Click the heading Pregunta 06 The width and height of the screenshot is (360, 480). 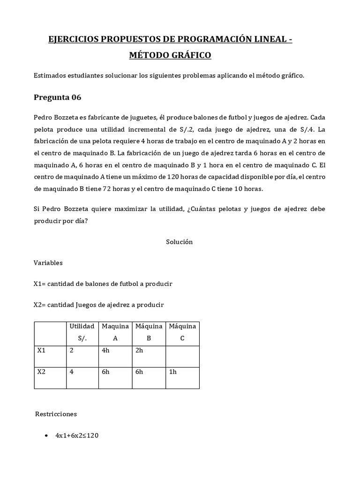pyautogui.click(x=58, y=97)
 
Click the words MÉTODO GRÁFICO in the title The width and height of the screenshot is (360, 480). pyautogui.click(x=170, y=55)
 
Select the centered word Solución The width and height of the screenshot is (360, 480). pyautogui.click(x=179, y=242)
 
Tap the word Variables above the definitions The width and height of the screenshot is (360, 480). pyautogui.click(x=48, y=263)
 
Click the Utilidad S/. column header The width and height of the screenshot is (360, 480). pyautogui.click(x=82, y=331)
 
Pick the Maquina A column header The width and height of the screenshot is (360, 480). pyautogui.click(x=115, y=331)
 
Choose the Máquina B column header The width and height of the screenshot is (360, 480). pyautogui.click(x=149, y=331)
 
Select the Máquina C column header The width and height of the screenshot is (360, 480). pyautogui.click(x=182, y=331)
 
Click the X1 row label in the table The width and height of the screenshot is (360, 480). pyautogui.click(x=41, y=349)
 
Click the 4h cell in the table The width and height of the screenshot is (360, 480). pyautogui.click(x=106, y=349)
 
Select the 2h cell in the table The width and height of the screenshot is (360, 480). pyautogui.click(x=140, y=349)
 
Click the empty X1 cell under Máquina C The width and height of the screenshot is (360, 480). pyautogui.click(x=182, y=356)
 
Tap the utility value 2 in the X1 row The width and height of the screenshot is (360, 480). pyautogui.click(x=72, y=349)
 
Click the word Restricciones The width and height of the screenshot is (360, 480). pyautogui.click(x=56, y=414)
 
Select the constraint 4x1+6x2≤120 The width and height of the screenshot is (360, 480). pyautogui.click(x=77, y=435)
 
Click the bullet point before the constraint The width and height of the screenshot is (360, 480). pyautogui.click(x=45, y=436)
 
